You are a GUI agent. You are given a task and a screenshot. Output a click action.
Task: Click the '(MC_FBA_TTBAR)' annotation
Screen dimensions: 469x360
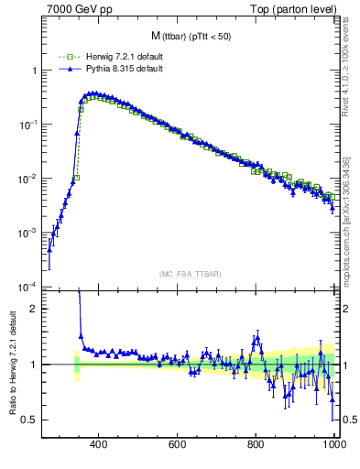[191, 274]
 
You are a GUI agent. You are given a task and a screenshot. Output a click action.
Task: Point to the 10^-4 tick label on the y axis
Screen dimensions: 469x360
[28, 287]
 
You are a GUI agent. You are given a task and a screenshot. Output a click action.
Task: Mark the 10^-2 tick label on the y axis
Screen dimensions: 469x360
[28, 179]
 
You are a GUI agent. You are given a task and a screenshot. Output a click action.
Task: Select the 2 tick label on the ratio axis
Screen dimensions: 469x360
[35, 309]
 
